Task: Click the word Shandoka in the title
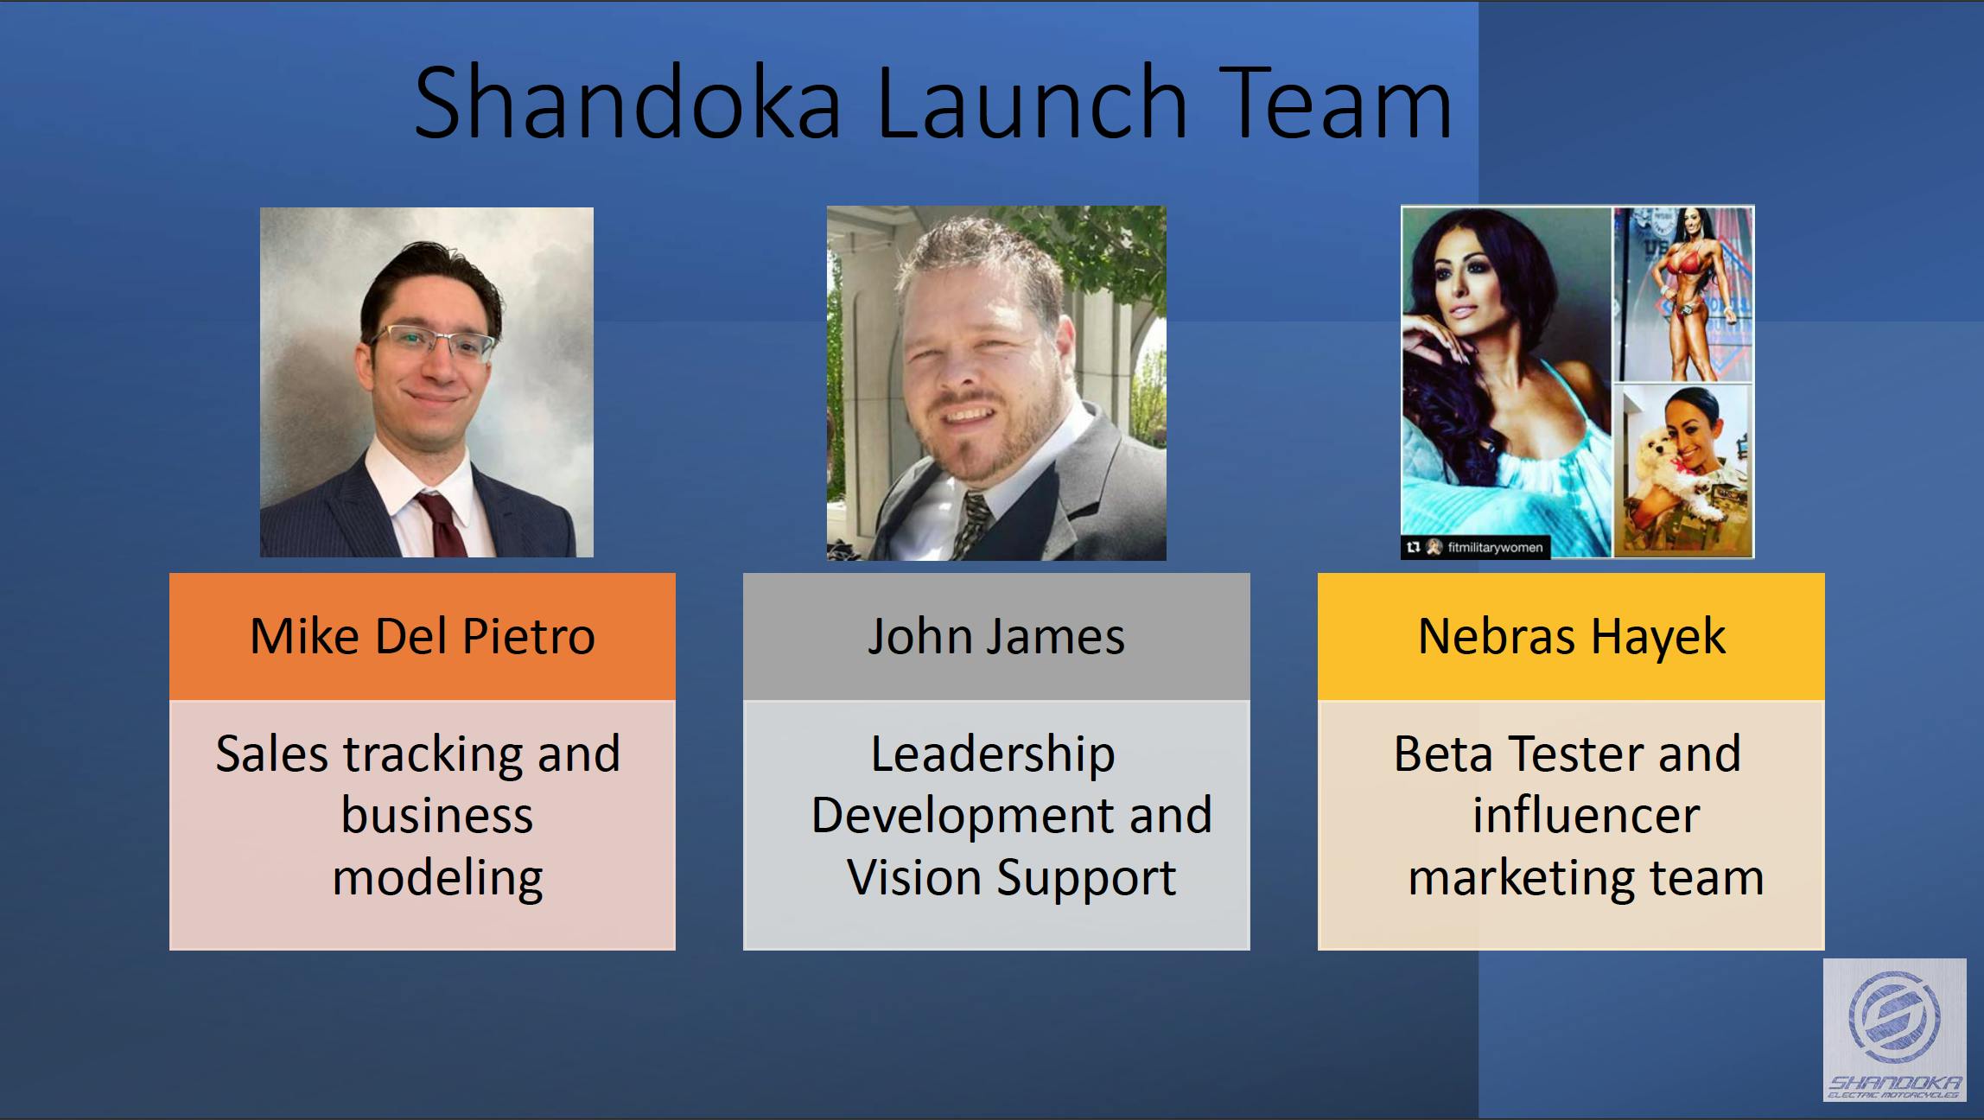click(x=628, y=102)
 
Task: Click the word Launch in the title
click(x=1033, y=102)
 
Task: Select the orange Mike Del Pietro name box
click(x=423, y=637)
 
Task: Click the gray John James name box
click(x=996, y=637)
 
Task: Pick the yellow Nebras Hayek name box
click(x=1571, y=637)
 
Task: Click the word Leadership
click(x=993, y=754)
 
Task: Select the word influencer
click(x=1586, y=815)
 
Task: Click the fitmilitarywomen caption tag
click(x=1476, y=547)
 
